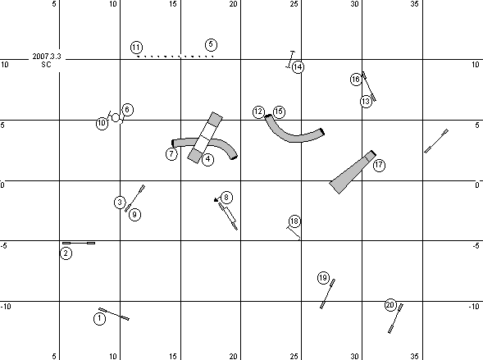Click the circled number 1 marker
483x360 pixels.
pyautogui.click(x=99, y=319)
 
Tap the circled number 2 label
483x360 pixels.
pyautogui.click(x=66, y=253)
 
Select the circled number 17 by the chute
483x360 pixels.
pyautogui.click(x=379, y=166)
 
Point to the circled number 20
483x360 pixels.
pyautogui.click(x=390, y=305)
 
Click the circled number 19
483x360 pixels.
pyautogui.click(x=323, y=278)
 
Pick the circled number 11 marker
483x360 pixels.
pyautogui.click(x=136, y=48)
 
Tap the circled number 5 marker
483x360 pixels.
pyautogui.click(x=211, y=44)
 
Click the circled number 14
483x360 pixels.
pyautogui.click(x=298, y=66)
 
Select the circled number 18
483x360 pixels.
pyautogui.click(x=294, y=221)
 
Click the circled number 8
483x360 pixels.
pyautogui.click(x=226, y=198)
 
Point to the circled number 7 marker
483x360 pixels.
pyautogui.click(x=171, y=153)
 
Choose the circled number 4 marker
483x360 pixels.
pyautogui.click(x=208, y=159)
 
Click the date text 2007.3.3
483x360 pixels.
pyautogui.click(x=47, y=57)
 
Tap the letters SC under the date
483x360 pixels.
pyautogui.click(x=46, y=65)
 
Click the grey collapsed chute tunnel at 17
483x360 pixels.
pyautogui.click(x=353, y=172)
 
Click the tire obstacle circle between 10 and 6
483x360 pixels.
pyautogui.click(x=116, y=117)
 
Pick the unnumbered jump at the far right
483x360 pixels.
pyautogui.click(x=436, y=141)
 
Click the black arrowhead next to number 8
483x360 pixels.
pyautogui.click(x=216, y=200)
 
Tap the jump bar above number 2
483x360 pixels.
pyautogui.click(x=79, y=243)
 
